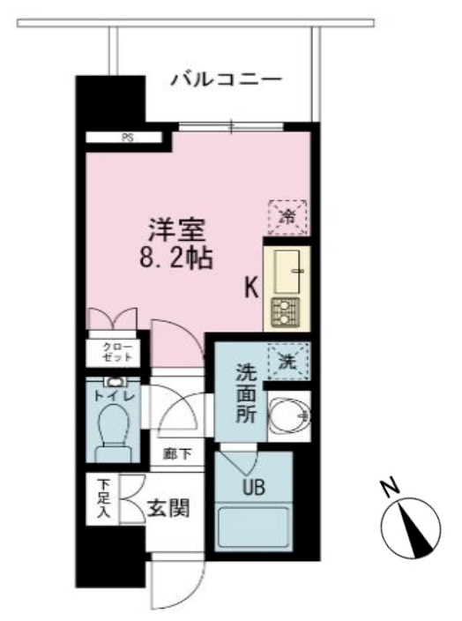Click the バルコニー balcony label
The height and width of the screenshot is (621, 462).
pos(226,79)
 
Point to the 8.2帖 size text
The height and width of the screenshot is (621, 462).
pos(176,258)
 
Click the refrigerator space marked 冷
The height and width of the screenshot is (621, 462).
pos(287,217)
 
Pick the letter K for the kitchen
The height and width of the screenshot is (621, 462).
pos(252,288)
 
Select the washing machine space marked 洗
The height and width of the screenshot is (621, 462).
pos(287,361)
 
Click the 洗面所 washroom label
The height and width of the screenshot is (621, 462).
pos(246,393)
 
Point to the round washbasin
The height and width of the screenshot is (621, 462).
pos(289,415)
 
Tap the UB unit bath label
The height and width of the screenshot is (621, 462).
pos(254,487)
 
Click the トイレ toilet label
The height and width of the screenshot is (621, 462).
pos(115,396)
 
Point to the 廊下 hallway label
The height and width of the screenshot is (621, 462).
pos(177,454)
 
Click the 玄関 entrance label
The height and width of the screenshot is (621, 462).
pos(168,508)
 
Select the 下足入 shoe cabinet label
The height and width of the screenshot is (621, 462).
pos(104,499)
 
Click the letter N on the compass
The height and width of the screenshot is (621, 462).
pos(390,488)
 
